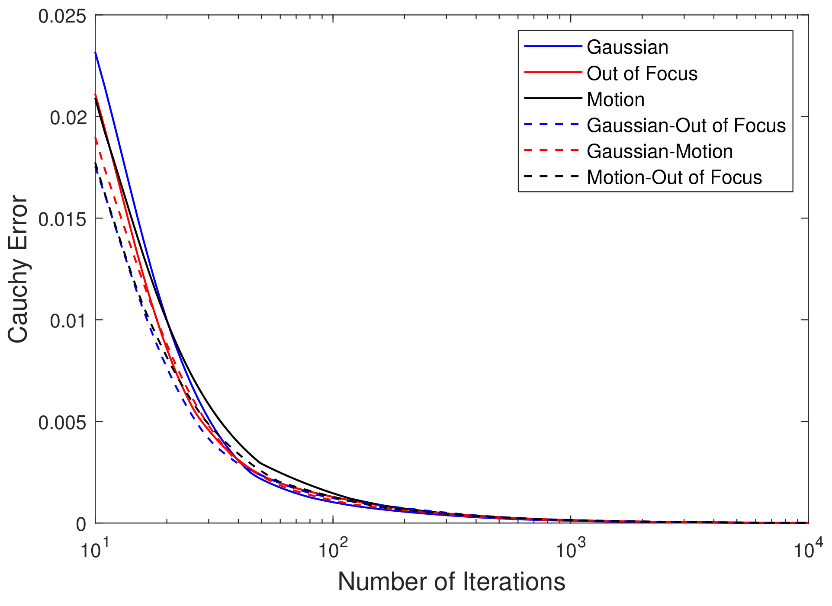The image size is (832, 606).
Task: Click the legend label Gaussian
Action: pyautogui.click(x=627, y=47)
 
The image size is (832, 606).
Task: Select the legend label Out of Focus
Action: pyautogui.click(x=642, y=74)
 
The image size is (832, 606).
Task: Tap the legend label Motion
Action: pyautogui.click(x=615, y=99)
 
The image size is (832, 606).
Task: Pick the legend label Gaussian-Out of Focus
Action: pyautogui.click(x=686, y=125)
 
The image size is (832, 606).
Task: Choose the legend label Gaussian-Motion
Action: pyautogui.click(x=659, y=151)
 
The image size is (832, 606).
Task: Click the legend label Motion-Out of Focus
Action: pyautogui.click(x=674, y=177)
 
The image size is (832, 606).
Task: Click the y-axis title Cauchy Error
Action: pyautogui.click(x=18, y=269)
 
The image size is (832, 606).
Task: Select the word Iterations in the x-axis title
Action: pyautogui.click(x=514, y=581)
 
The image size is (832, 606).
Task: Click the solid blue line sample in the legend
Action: pyautogui.click(x=553, y=46)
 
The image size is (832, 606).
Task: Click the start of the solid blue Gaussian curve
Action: pyautogui.click(x=96, y=53)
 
